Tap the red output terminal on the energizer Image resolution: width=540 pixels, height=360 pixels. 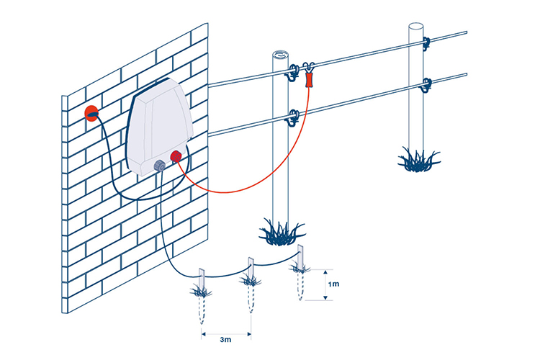pyautogui.click(x=175, y=157)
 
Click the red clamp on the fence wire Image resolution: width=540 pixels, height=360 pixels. pyautogui.click(x=310, y=78)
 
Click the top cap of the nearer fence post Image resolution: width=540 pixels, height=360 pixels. pyautogui.click(x=282, y=55)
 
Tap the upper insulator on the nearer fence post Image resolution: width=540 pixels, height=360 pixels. pyautogui.click(x=294, y=71)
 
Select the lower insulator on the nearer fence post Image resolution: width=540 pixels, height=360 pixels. pyautogui.click(x=293, y=115)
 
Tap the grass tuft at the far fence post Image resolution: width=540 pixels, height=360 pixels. pyautogui.click(x=418, y=160)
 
